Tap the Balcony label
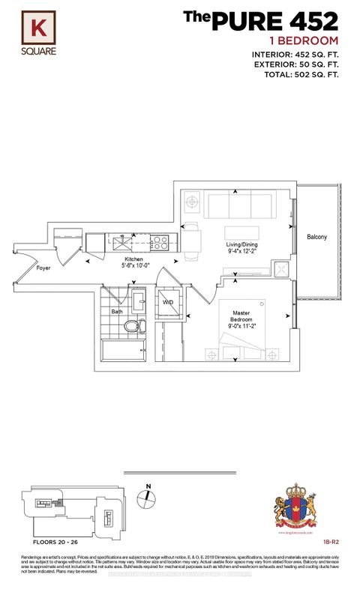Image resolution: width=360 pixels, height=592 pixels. point(316,238)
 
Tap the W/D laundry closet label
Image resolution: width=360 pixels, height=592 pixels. point(169,303)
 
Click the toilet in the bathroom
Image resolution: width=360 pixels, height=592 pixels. point(133,327)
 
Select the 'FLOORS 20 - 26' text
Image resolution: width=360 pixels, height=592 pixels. point(46,540)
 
